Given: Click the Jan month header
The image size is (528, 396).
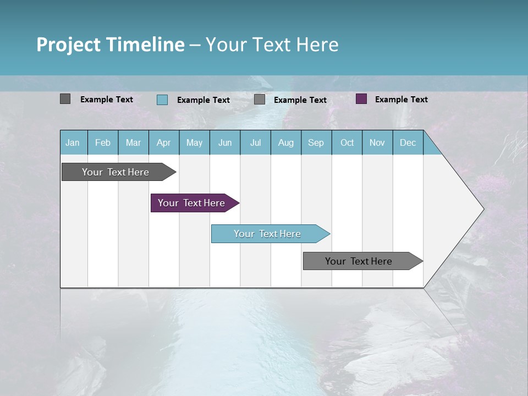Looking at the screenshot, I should pos(73,142).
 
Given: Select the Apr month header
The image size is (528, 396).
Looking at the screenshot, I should pos(163,142).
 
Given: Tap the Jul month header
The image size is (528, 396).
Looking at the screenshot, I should pos(255,142).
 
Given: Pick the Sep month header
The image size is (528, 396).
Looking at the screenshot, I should pos(316,142).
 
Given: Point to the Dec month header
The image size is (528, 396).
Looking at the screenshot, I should pos(408,142).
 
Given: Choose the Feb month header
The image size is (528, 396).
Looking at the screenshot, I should pos(103,142).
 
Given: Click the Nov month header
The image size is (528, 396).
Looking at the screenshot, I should pos(377,142).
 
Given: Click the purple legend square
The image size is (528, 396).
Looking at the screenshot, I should pos(361,99).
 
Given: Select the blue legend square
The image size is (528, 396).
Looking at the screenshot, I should pos(162,100).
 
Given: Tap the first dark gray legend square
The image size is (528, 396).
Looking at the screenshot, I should pos(65,99).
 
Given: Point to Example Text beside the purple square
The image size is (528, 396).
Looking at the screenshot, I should pos(401,99).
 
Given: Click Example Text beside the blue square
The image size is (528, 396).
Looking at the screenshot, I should pos(203,100).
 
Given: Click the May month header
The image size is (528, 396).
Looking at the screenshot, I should pos(194,142).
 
